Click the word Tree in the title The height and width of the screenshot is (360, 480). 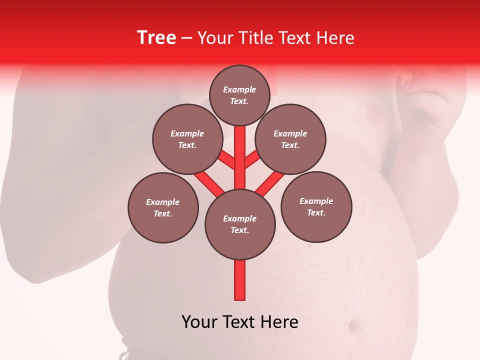[x=156, y=38]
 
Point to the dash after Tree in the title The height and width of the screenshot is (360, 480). [x=186, y=38]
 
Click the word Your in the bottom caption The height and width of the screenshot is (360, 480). [x=199, y=321]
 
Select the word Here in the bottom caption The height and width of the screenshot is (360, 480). [x=278, y=321]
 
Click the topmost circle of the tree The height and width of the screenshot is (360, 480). [x=239, y=95]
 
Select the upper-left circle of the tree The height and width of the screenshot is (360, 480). [x=187, y=139]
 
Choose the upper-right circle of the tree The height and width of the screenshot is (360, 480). [x=290, y=139]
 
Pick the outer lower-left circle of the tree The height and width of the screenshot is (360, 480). [x=163, y=207]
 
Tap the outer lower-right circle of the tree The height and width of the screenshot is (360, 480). [x=316, y=206]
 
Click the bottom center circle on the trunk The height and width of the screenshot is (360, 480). [x=240, y=224]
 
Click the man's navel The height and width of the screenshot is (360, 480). [x=356, y=327]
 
